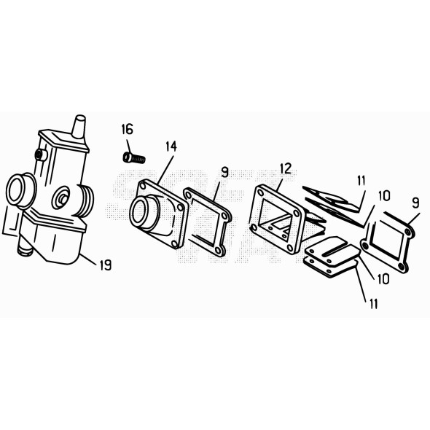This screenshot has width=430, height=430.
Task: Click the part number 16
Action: (x=127, y=130)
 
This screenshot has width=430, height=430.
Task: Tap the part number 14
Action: (x=170, y=146)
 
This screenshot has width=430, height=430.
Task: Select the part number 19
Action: (x=105, y=265)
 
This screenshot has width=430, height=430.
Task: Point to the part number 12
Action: (x=285, y=168)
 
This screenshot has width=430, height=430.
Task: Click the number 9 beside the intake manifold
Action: (x=224, y=173)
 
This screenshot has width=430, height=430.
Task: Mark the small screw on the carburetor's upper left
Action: (x=41, y=154)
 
